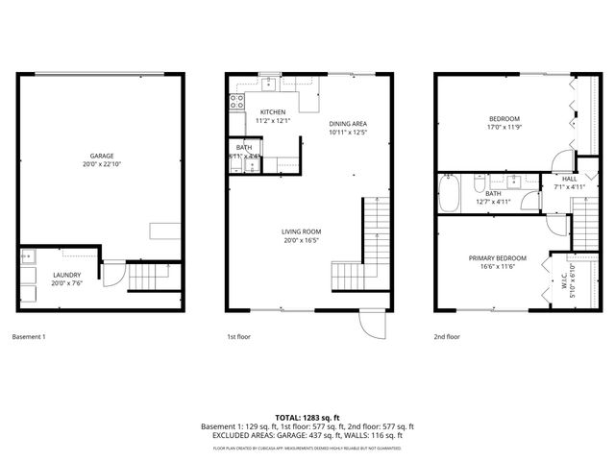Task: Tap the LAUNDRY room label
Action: [x=66, y=275]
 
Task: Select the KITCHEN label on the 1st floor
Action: [x=273, y=112]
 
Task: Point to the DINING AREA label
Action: [x=348, y=123]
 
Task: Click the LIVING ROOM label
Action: [x=301, y=231]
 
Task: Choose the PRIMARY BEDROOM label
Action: [x=497, y=258]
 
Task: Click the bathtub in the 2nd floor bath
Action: [x=449, y=193]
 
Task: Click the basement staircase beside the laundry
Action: [x=147, y=279]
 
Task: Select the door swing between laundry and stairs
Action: [x=112, y=276]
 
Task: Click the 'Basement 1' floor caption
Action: [x=29, y=337]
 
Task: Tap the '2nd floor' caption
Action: [x=447, y=337]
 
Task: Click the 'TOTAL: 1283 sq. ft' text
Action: [x=307, y=417]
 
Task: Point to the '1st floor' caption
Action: [x=239, y=337]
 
